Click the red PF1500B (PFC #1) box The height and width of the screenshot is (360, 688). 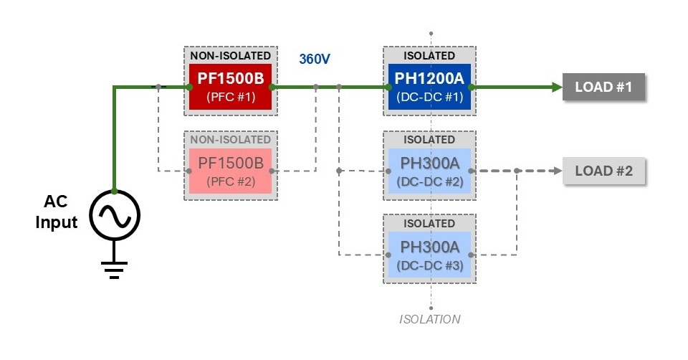click(x=231, y=87)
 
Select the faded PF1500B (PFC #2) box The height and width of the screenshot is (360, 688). click(x=231, y=171)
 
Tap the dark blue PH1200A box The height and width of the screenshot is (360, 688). click(x=429, y=87)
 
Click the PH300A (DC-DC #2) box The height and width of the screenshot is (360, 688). click(x=429, y=171)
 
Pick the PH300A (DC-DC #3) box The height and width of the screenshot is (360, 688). click(x=429, y=255)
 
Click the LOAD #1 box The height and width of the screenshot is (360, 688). click(x=603, y=87)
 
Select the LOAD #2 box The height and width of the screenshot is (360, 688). click(x=603, y=171)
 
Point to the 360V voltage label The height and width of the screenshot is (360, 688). click(x=315, y=59)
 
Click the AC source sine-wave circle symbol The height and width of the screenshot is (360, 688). click(x=114, y=214)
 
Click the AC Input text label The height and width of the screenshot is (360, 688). click(x=57, y=213)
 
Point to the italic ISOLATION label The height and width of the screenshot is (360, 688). click(x=429, y=318)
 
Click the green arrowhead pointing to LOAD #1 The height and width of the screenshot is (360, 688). click(x=556, y=87)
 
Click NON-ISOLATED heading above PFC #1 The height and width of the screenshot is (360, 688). click(x=231, y=55)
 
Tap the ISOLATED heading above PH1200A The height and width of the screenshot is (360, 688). click(x=429, y=55)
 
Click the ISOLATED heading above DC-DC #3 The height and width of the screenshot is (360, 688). click(x=429, y=223)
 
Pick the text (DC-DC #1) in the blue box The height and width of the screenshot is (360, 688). click(x=429, y=98)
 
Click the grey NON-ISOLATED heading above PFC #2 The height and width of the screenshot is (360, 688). click(x=231, y=139)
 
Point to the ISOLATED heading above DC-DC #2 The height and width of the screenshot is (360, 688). click(x=429, y=139)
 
